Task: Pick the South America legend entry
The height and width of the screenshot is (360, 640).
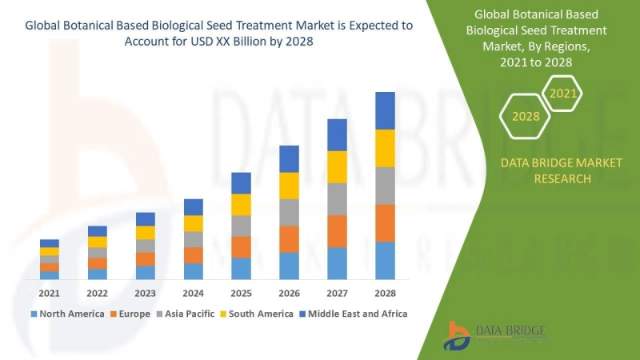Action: click(258, 314)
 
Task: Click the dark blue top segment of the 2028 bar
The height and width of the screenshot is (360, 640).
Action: click(385, 110)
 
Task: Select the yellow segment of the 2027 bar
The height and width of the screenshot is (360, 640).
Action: click(337, 166)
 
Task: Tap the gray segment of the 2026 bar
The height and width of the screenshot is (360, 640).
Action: click(289, 212)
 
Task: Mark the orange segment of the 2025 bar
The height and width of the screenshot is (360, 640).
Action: click(241, 247)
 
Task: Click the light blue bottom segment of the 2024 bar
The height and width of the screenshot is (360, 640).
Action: click(193, 271)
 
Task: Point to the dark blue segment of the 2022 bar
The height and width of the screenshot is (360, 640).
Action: click(98, 231)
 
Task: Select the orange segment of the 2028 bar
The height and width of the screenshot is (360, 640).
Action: click(385, 223)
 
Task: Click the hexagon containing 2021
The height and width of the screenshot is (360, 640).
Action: click(563, 94)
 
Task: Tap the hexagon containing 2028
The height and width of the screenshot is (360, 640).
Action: click(526, 117)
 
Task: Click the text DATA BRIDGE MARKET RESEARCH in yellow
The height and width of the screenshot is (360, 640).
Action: click(561, 170)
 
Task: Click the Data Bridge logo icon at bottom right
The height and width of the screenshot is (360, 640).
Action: click(459, 335)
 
